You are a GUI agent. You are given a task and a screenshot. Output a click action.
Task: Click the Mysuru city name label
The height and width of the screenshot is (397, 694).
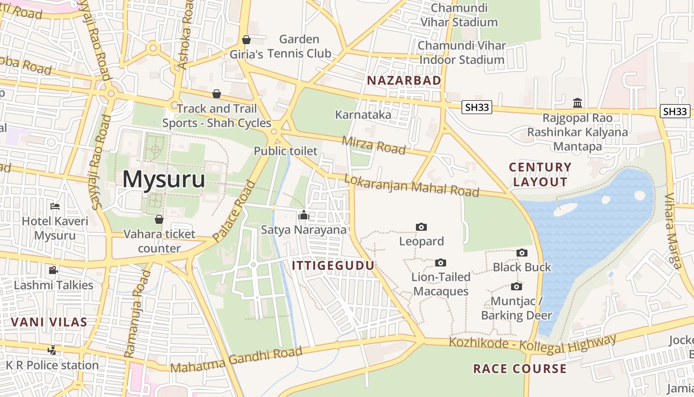coord(164,179)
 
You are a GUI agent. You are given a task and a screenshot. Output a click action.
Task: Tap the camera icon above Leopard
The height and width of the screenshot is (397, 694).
coord(421,227)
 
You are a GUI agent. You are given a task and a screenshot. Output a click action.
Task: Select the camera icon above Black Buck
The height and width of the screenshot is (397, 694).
coord(521,253)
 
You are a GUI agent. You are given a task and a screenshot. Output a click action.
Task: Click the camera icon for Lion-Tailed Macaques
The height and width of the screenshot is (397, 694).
coord(440,263)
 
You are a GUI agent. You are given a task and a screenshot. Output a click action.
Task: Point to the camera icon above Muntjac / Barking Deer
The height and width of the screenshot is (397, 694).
coord(516,286)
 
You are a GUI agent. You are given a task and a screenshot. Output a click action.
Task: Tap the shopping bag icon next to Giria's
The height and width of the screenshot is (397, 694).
coord(246,40)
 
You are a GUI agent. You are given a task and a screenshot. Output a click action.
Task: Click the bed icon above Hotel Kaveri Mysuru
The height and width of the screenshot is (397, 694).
coord(55,206)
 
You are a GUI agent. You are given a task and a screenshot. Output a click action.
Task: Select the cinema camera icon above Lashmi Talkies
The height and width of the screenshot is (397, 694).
coord(53,270)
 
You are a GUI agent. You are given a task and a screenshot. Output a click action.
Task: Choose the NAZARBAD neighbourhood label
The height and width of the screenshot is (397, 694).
coord(404,80)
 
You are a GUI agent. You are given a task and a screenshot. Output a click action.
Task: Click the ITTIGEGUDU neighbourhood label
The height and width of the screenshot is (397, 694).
coord(333,265)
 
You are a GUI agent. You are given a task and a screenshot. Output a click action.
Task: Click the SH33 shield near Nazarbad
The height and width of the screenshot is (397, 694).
coord(476,107)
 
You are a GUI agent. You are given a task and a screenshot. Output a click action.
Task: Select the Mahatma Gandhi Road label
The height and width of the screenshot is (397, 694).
coord(236,360)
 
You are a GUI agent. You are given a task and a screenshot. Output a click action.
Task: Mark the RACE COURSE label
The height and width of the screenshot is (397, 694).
coord(520,369)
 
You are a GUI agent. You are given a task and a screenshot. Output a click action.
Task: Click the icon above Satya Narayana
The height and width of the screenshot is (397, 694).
coord(303,215)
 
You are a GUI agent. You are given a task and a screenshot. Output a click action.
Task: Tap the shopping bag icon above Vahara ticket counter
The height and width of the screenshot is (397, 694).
coord(159,219)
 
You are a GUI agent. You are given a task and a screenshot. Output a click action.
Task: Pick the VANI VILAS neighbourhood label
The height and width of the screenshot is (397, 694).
coord(49,322)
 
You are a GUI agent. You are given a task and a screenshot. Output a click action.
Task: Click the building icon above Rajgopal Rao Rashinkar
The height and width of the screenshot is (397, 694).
coord(577,103)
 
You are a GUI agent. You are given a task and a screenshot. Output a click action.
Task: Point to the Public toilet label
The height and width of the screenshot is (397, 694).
coord(285,151)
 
